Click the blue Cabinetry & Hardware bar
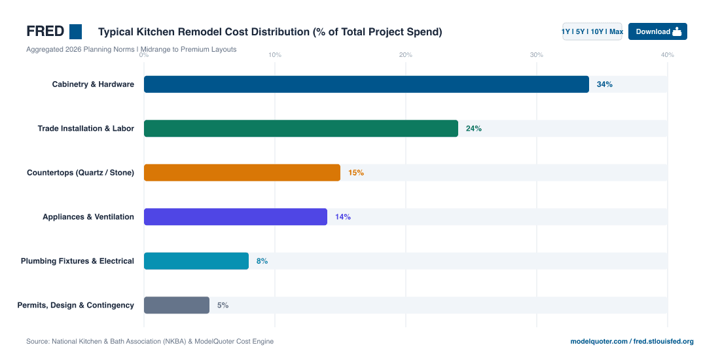[367, 84]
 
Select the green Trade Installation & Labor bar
[301, 128]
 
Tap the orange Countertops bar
[242, 173]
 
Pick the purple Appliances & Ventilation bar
[236, 217]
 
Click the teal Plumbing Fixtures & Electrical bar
[196, 261]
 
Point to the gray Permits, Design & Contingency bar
[177, 305]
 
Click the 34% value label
[604, 84]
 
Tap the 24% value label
[473, 128]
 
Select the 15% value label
[356, 173]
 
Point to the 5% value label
[223, 305]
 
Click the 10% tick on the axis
[275, 55]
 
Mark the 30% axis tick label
[536, 55]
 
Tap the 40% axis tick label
[667, 55]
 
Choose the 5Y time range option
[580, 31]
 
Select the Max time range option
[616, 31]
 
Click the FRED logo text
[45, 31]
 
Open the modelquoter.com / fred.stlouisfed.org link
[632, 342]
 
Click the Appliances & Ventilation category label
[88, 217]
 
